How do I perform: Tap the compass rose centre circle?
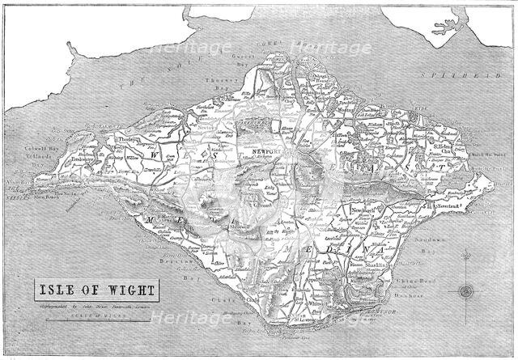click(x=466, y=290)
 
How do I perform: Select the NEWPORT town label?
click(x=266, y=150)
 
